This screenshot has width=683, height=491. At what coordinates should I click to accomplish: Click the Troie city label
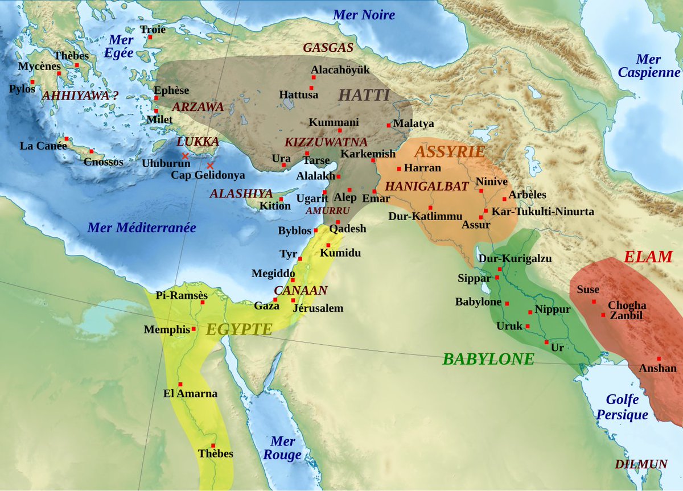click(153, 30)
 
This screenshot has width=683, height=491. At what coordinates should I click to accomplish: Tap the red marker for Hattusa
click(312, 86)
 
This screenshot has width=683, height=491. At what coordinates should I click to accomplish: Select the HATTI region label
click(364, 95)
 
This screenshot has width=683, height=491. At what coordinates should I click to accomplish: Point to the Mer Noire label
click(364, 15)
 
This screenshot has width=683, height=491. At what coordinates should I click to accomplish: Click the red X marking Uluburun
click(184, 155)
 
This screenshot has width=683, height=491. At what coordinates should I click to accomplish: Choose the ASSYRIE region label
click(450, 152)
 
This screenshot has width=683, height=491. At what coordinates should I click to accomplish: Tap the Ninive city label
click(492, 181)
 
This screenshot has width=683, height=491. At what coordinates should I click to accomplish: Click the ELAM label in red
click(648, 257)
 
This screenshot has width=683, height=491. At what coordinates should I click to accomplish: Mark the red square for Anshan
click(659, 358)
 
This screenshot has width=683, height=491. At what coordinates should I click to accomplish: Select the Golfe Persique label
click(622, 407)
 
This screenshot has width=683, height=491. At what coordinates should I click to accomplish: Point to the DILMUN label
click(641, 464)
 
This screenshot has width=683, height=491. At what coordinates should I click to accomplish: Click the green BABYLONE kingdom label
click(488, 359)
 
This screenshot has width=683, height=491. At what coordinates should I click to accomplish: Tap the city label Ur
click(557, 347)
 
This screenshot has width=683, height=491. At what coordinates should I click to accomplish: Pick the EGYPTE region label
click(239, 329)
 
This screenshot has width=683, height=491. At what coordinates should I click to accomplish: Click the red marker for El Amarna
click(180, 384)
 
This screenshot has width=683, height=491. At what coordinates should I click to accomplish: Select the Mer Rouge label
click(282, 448)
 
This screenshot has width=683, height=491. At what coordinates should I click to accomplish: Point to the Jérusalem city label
click(318, 308)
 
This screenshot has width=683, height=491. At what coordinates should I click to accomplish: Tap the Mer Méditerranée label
click(141, 228)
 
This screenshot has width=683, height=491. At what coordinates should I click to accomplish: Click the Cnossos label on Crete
click(103, 162)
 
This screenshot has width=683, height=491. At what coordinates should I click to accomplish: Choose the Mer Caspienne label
click(649, 66)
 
